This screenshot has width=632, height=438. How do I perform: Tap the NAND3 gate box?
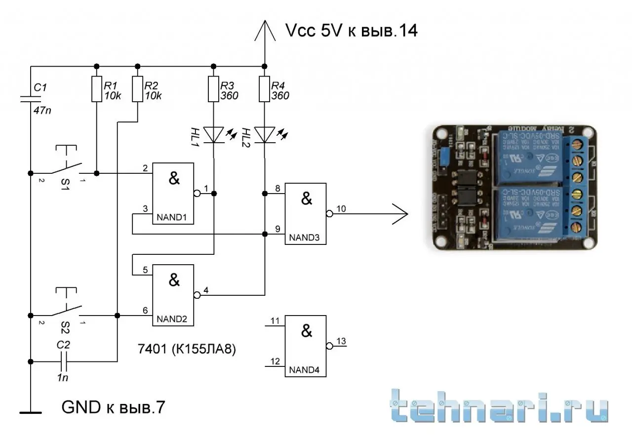coord(306,213)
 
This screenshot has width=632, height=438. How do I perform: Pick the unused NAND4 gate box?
coord(306,346)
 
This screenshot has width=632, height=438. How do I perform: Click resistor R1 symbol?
coord(96,89)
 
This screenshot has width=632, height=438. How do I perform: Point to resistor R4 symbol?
coord(264,89)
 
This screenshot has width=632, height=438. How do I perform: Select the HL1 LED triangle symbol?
coord(214,134)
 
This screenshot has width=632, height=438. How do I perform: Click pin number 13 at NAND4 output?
coord(341,341)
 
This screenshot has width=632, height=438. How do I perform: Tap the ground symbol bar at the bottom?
coord(30,411)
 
